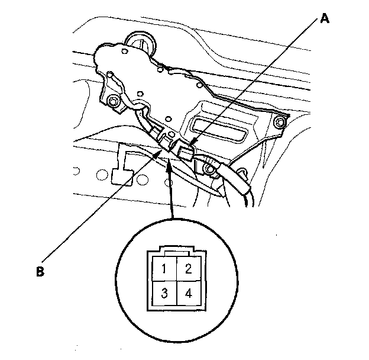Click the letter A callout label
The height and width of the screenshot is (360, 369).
pyautogui.click(x=324, y=18)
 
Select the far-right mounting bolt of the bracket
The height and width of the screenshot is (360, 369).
pyautogui.click(x=280, y=123)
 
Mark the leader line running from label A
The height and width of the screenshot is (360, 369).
pyautogui.click(x=254, y=82)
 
